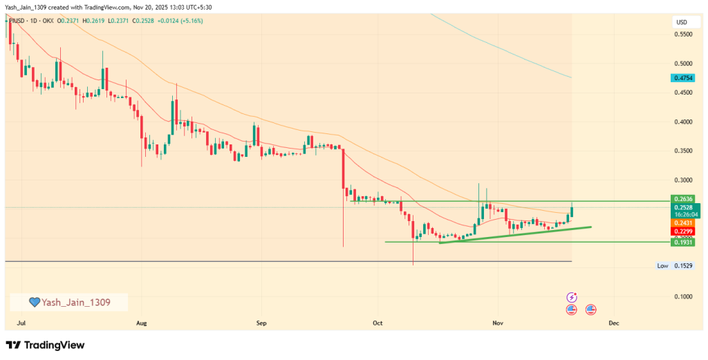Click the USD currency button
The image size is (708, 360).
pyautogui.click(x=681, y=23)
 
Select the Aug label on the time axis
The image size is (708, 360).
pyautogui.click(x=142, y=323)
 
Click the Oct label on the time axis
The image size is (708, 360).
pyautogui.click(x=378, y=323)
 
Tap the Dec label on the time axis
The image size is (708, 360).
pyautogui.click(x=613, y=323)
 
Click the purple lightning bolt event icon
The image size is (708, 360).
pyautogui.click(x=572, y=296)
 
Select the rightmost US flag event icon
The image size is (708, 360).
pyautogui.click(x=590, y=309)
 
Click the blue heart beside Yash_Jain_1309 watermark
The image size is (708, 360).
pyautogui.click(x=34, y=302)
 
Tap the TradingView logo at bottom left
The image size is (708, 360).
pyautogui.click(x=45, y=345)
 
